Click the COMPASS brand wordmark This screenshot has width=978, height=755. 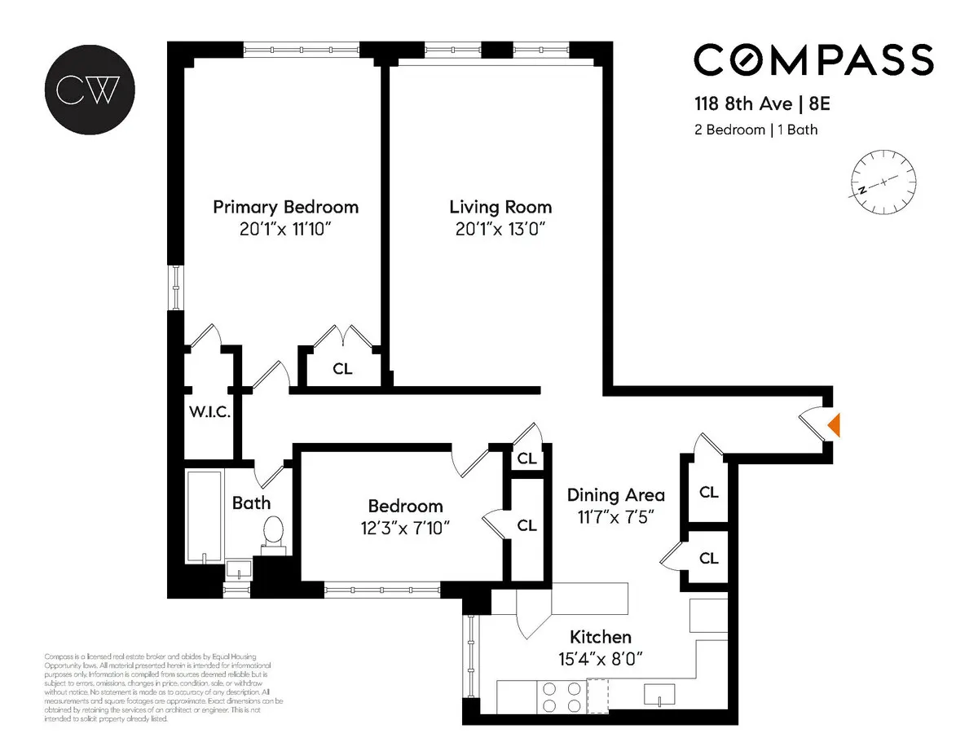pyautogui.click(x=813, y=60)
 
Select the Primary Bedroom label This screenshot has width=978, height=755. pyautogui.click(x=285, y=207)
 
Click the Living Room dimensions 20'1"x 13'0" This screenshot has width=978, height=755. pyautogui.click(x=500, y=230)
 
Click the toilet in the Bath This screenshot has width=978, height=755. pyautogui.click(x=274, y=533)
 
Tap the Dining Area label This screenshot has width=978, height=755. pyautogui.click(x=615, y=494)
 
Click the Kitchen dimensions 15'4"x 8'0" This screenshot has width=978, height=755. pyautogui.click(x=600, y=660)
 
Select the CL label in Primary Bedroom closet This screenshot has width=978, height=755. pyautogui.click(x=342, y=369)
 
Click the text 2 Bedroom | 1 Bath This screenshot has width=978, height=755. pyautogui.click(x=756, y=129)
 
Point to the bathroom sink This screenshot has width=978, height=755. pyautogui.click(x=238, y=567)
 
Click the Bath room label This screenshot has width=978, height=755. pyautogui.click(x=251, y=503)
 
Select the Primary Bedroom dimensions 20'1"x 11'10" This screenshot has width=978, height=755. pyautogui.click(x=285, y=230)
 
